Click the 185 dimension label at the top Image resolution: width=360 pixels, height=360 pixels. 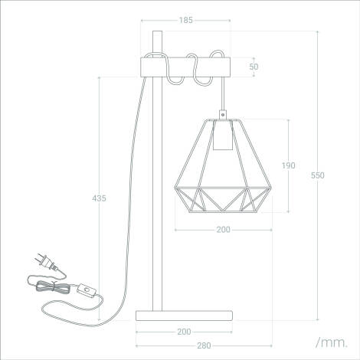(x=185, y=20)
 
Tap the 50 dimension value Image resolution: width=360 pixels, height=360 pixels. (x=254, y=67)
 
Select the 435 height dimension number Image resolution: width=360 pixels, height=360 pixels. (x=99, y=198)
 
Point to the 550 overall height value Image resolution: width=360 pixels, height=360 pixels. (x=317, y=175)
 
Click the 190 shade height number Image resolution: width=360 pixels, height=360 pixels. (x=287, y=165)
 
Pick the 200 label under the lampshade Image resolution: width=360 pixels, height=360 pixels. (x=223, y=229)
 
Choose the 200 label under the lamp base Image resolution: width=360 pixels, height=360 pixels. (x=184, y=332)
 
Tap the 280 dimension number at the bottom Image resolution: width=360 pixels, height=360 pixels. (x=204, y=345)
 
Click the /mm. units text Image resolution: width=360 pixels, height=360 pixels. (x=330, y=339)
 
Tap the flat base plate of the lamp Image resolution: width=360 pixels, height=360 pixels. (x=184, y=315)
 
